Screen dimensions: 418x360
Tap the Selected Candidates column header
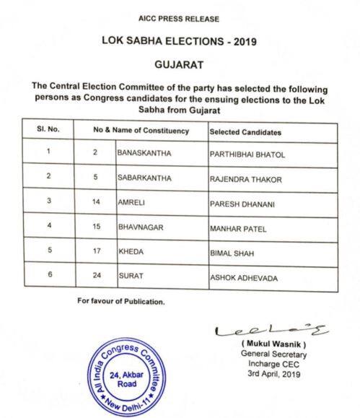[x=245, y=133]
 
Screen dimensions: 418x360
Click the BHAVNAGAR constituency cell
[x=142, y=228]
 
